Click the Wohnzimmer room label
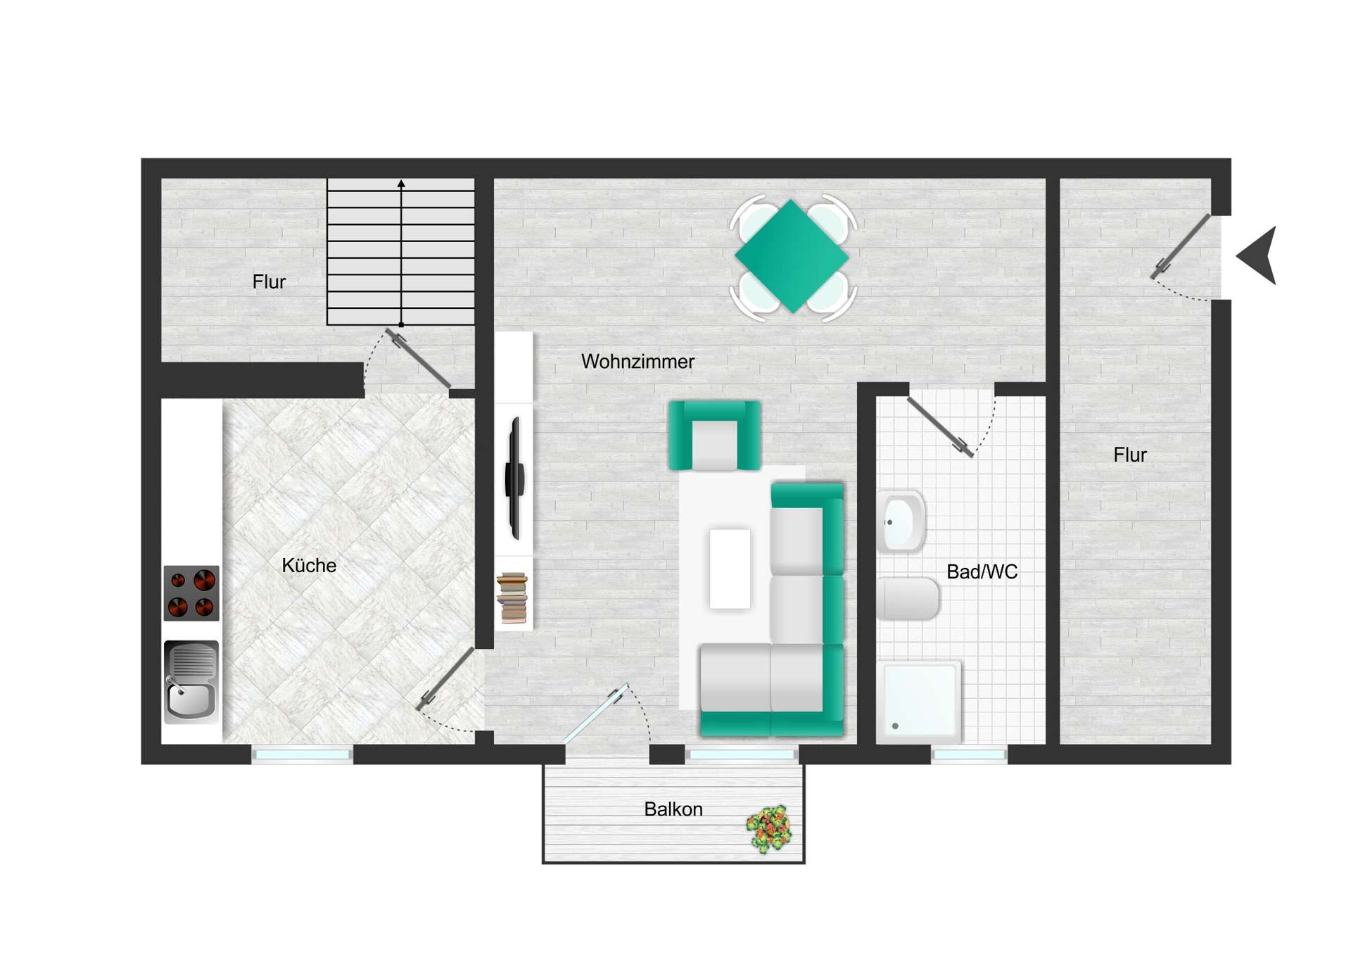point(638,362)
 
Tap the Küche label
point(309,565)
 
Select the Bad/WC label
point(982,571)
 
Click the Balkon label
point(673,809)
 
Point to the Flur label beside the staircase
point(269,282)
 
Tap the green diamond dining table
point(792,256)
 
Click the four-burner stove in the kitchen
point(191,593)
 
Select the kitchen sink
point(191,683)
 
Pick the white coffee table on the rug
point(730,569)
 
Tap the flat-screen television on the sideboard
point(515,478)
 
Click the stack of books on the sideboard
point(512,598)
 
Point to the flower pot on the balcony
point(769,829)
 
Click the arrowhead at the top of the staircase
point(401,184)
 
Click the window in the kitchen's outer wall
point(303,754)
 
